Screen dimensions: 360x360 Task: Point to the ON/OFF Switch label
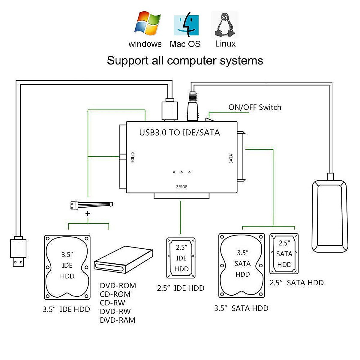click(x=255, y=107)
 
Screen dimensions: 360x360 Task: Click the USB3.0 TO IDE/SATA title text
click(x=179, y=133)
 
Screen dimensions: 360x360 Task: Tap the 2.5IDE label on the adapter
click(x=181, y=187)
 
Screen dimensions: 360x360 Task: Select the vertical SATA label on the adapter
click(x=231, y=158)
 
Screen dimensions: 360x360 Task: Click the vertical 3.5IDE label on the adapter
click(x=132, y=157)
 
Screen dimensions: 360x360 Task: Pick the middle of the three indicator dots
click(x=181, y=172)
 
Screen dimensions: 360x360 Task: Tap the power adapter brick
click(x=330, y=216)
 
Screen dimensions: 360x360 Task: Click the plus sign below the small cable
click(x=88, y=214)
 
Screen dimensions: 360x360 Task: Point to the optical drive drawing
click(x=123, y=260)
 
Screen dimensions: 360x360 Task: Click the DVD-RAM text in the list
click(x=118, y=320)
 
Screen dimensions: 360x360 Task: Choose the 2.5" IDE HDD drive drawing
click(x=181, y=258)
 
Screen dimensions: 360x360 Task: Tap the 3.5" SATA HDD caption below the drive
click(x=241, y=308)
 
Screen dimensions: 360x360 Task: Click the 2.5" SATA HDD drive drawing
click(x=284, y=254)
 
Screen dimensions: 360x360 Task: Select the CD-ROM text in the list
click(x=115, y=294)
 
